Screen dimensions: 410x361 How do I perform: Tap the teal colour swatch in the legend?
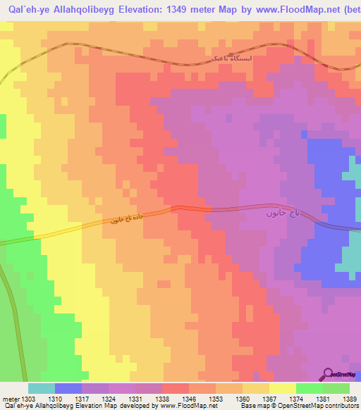pos(41,388)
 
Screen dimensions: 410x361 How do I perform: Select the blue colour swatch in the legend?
pos(68,388)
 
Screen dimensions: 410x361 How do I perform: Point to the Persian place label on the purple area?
pos(282,212)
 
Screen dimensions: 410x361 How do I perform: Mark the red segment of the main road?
pos(191,209)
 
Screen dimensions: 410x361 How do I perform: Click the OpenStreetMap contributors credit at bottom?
pos(310,406)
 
